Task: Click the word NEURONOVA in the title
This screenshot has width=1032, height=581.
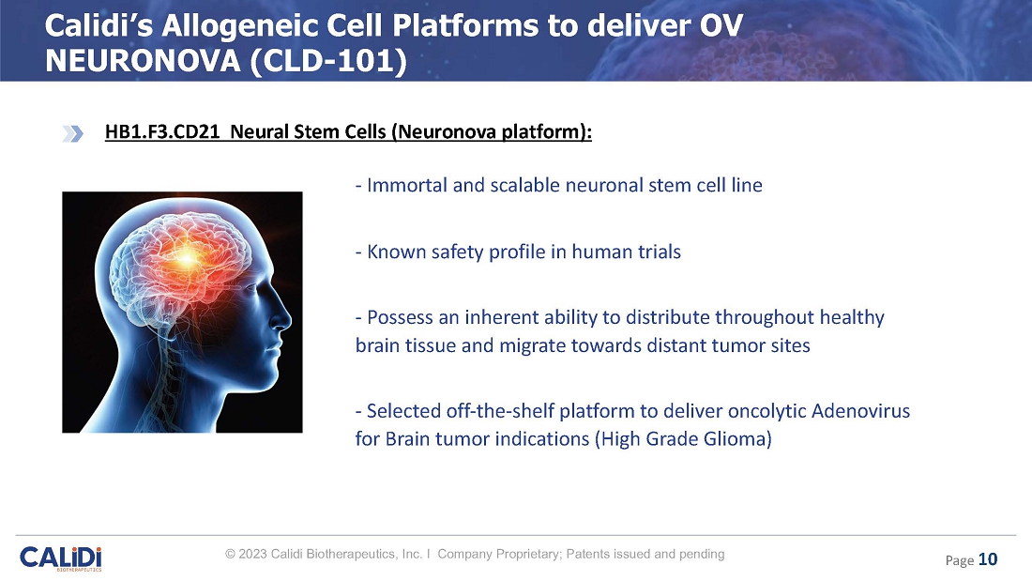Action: click(143, 61)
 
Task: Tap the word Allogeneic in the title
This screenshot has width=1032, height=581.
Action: click(271, 27)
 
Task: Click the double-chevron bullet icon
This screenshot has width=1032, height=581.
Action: click(73, 133)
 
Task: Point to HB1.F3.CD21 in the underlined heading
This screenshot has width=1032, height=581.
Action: click(162, 131)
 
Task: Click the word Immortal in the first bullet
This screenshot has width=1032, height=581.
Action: click(407, 185)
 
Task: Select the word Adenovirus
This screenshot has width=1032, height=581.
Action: click(860, 411)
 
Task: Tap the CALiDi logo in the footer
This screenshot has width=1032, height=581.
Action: click(61, 558)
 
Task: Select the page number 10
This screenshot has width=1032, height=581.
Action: click(988, 559)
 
